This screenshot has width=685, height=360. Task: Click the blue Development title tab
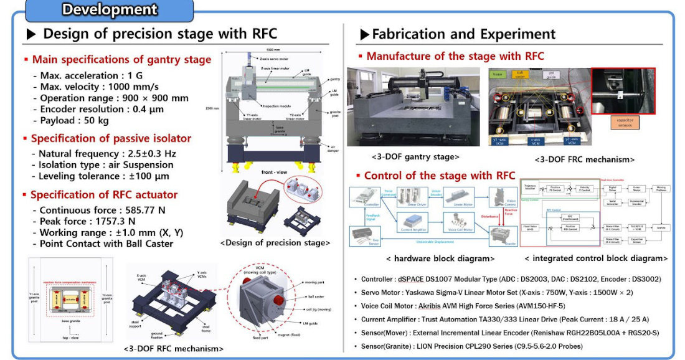(x=110, y=10)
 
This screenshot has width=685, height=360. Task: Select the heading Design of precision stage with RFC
(x=160, y=34)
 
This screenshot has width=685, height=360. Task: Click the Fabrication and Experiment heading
(x=463, y=34)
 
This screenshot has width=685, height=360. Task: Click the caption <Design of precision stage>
(x=275, y=242)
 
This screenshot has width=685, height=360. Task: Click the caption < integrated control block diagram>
(x=596, y=258)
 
